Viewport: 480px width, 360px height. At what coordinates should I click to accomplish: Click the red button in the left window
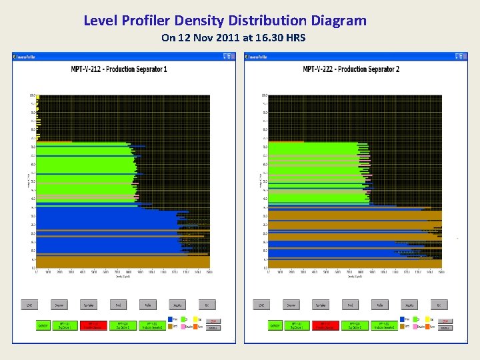tap(88, 325)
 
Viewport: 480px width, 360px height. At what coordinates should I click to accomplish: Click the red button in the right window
tap(321, 325)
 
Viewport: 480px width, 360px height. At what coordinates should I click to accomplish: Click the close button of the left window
tap(232, 57)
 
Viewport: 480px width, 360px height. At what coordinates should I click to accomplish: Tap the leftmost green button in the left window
tap(44, 325)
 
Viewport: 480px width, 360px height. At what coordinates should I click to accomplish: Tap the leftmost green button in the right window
tap(275, 325)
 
